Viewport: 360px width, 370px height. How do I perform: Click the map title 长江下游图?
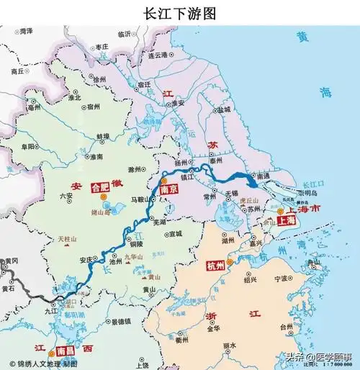[x=180, y=13]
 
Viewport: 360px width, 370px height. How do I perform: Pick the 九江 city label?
[x=50, y=310]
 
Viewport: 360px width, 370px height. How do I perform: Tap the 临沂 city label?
[x=125, y=34]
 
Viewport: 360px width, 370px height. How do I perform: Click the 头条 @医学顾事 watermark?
[x=317, y=356]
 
